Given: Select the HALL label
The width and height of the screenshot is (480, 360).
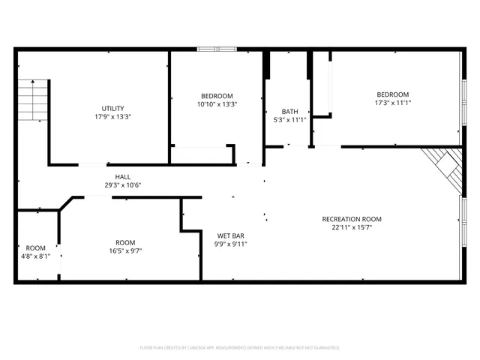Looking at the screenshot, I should point(112,177).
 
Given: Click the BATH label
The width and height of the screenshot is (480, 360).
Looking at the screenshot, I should point(289,111).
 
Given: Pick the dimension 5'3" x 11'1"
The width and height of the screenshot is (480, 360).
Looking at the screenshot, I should point(289,120).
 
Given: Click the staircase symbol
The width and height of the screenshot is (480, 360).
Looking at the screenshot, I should point(33,97).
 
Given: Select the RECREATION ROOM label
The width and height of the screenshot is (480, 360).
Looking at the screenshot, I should point(351,219).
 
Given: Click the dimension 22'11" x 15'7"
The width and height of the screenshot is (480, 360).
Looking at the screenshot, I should point(351,228).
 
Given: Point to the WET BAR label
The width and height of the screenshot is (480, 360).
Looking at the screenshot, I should point(232,235).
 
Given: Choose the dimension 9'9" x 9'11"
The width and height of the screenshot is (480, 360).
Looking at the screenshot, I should point(232,244).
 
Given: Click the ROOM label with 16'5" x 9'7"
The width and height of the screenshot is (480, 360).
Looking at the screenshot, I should point(125,242).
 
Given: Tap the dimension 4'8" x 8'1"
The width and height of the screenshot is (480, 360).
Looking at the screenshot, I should point(35,256).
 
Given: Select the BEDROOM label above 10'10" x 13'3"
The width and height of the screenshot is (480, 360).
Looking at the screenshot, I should point(217,95).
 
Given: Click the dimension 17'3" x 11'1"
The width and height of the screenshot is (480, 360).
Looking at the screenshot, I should point(393,103).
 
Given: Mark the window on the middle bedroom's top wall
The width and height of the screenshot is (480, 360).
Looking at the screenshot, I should point(217,50).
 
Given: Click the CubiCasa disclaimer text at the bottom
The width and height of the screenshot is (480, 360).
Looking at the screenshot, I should point(240,347).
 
